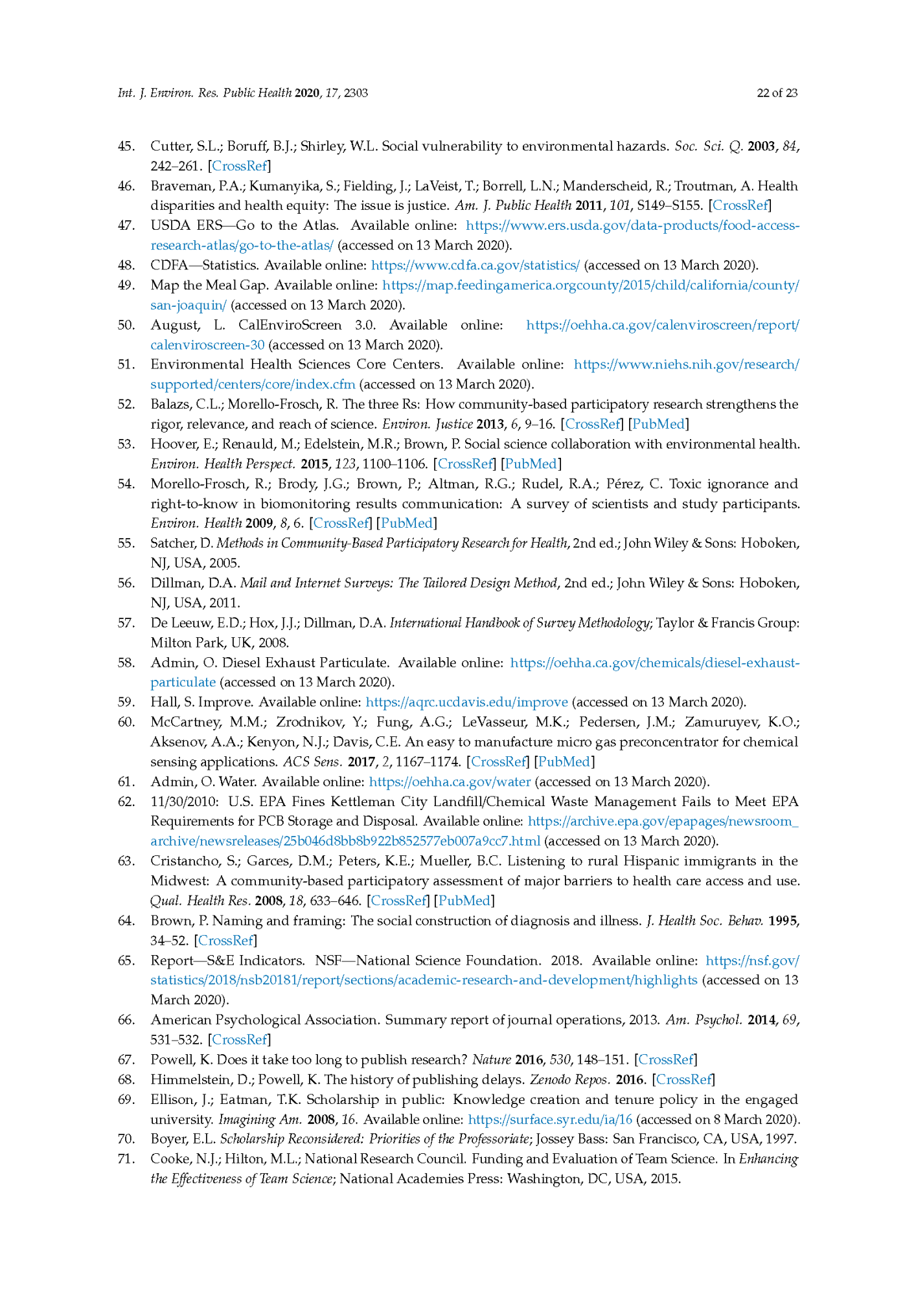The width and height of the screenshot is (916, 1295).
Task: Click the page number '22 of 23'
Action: [777, 93]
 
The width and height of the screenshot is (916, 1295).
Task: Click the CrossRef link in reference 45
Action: [239, 166]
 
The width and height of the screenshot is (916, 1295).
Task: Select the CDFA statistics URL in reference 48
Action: [475, 265]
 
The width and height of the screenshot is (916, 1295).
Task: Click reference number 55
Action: [126, 543]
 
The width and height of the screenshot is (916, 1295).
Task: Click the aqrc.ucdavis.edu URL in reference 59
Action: [466, 702]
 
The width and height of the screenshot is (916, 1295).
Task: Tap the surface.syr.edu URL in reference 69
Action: [550, 1119]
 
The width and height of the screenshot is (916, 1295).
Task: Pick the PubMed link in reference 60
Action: [564, 761]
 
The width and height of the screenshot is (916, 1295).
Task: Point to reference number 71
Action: [126, 1158]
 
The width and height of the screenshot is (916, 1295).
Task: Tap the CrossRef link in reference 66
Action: [239, 1039]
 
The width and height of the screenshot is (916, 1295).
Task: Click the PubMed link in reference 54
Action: [406, 523]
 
